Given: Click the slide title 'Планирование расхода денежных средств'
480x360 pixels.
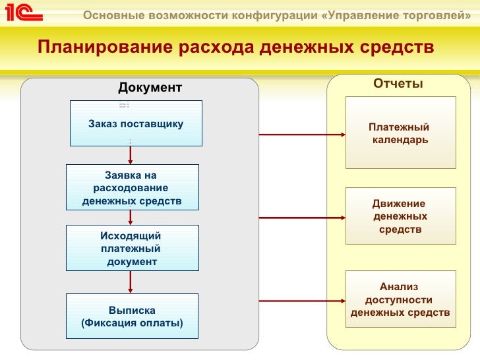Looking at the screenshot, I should point(235,47).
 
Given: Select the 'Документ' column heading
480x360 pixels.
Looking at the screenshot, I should point(149,88).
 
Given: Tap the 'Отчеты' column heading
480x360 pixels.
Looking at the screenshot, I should point(398,84).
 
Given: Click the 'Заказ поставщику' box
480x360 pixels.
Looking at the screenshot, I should point(136,123).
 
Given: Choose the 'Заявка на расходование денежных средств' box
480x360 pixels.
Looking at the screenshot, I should point(132,188).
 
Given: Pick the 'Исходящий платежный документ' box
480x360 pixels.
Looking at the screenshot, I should point(132,248).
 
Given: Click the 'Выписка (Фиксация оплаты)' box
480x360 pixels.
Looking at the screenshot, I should point(132,316).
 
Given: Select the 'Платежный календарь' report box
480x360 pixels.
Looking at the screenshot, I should point(400,134).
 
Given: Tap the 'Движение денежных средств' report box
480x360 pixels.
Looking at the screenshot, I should point(400,216).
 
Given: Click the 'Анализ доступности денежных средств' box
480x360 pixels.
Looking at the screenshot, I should point(400,299).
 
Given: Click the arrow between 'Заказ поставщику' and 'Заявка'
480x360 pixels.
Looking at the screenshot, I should point(131,154).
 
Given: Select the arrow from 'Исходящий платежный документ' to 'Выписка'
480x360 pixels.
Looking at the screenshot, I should point(131,282).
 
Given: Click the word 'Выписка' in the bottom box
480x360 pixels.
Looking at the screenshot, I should point(132,311).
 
